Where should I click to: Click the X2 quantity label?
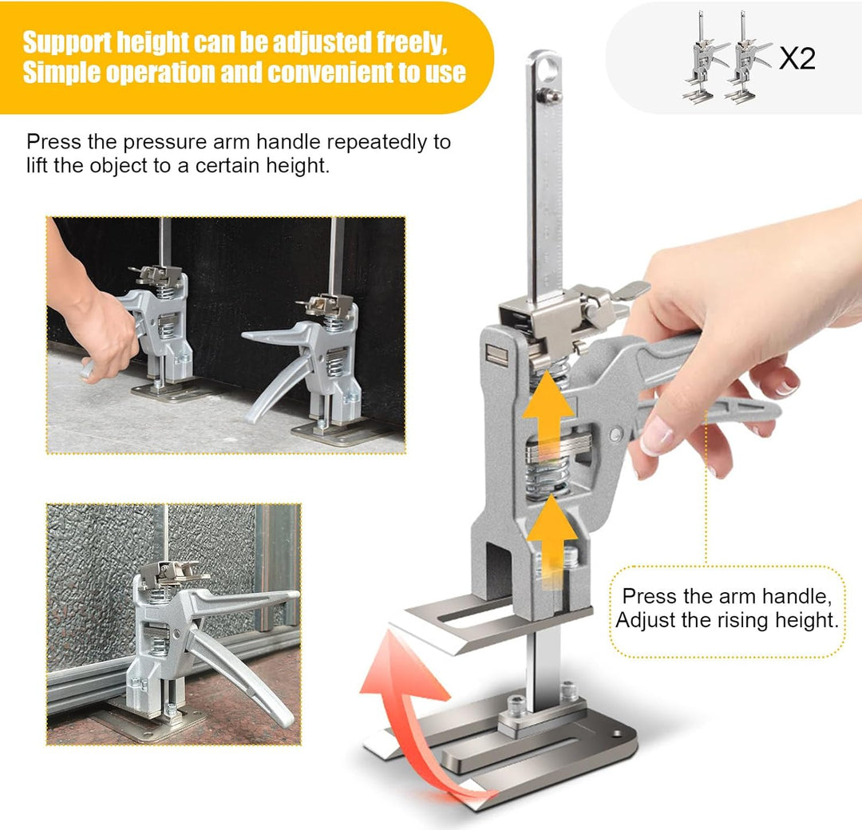[x=797, y=57]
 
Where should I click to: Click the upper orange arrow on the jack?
[x=548, y=417]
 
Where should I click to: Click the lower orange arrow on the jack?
[x=552, y=541]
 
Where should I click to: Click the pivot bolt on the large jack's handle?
[x=615, y=435]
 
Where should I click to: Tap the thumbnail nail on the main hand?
[x=656, y=434]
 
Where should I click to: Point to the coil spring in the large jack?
[x=547, y=478]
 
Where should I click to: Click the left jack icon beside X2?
[x=705, y=56]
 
